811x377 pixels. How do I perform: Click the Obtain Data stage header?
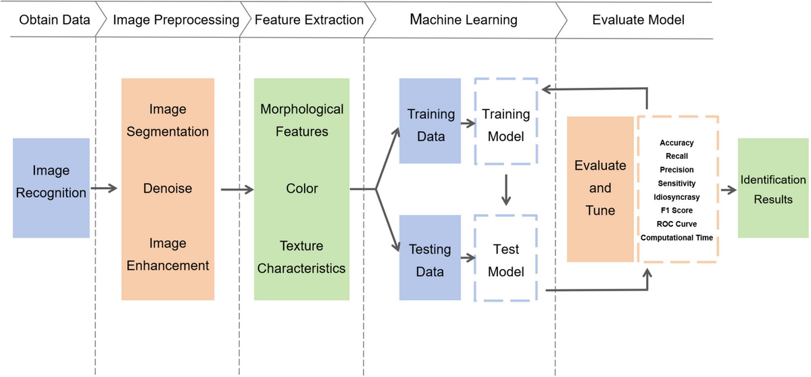54,20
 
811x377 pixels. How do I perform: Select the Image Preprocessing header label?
176,20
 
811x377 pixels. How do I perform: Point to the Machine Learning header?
464,20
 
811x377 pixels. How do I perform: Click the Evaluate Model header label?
638,20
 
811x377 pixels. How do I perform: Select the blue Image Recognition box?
51,188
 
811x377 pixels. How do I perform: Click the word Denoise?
168,187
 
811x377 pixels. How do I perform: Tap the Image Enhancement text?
168,255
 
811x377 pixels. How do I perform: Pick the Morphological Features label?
301,120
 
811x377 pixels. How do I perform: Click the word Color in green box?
301,187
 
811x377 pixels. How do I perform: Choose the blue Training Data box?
430,121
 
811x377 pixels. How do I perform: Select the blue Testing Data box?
430,259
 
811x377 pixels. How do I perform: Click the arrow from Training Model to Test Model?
506,190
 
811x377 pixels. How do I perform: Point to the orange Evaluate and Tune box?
600,188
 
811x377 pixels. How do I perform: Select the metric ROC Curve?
677,224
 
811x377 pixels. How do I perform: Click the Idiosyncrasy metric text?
677,197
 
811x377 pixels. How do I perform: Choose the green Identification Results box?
773,188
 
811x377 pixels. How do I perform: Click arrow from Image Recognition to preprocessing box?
105,188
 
